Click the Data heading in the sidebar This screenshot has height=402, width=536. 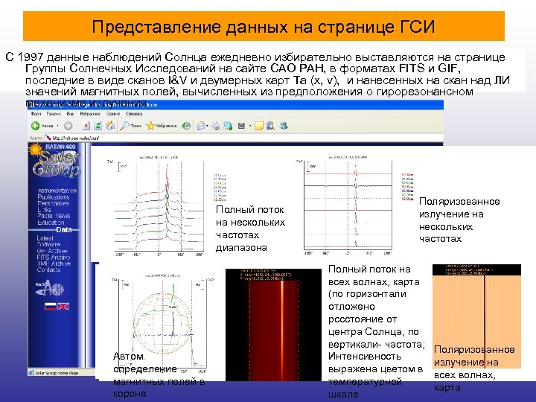point(63,230)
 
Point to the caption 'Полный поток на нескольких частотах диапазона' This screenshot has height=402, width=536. point(250,225)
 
